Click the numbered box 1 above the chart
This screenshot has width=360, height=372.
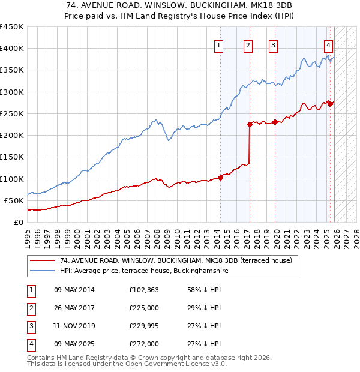218,44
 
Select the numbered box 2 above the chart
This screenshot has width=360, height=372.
248,44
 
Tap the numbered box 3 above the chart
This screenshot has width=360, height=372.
273,44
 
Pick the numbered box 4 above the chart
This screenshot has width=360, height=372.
329,44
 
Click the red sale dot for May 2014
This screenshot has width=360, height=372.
220,177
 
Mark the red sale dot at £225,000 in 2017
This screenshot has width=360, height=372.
250,124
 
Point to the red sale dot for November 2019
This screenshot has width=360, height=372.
275,122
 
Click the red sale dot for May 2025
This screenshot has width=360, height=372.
331,104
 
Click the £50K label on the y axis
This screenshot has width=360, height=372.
13,200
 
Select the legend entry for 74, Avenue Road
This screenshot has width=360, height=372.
175,260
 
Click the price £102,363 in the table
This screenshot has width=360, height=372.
144,290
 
